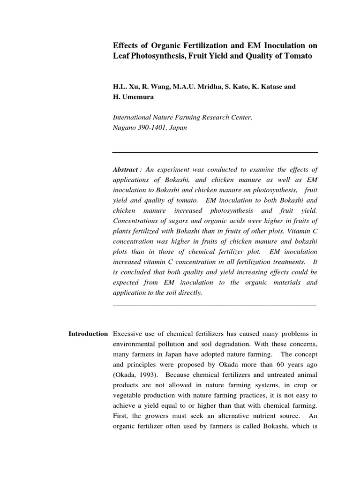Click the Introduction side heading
(88, 334)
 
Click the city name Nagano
(125, 127)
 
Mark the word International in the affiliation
(133, 118)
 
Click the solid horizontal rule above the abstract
(215, 152)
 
